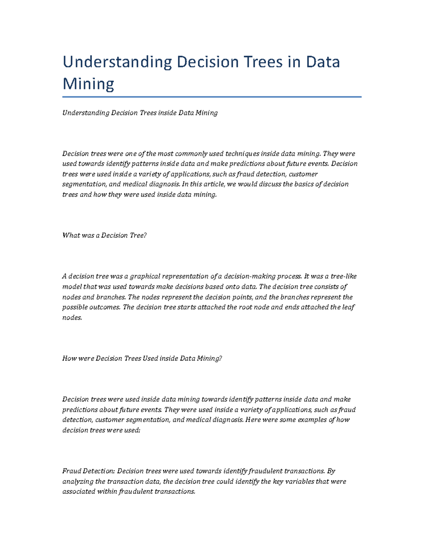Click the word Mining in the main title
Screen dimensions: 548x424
pos(88,84)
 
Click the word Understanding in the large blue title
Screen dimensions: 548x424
pos(117,62)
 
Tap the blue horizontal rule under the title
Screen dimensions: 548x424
pos(212,97)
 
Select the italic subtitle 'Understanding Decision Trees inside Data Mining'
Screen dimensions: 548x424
pos(140,113)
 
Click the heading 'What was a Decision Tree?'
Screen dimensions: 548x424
pos(104,235)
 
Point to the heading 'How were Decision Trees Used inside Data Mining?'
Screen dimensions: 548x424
pos(142,359)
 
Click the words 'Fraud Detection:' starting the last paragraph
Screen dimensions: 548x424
pos(88,471)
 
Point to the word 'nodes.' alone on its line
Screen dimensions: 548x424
pos(72,318)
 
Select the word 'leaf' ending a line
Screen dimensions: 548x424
pos(348,307)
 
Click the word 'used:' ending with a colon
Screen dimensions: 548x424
pos(132,430)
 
